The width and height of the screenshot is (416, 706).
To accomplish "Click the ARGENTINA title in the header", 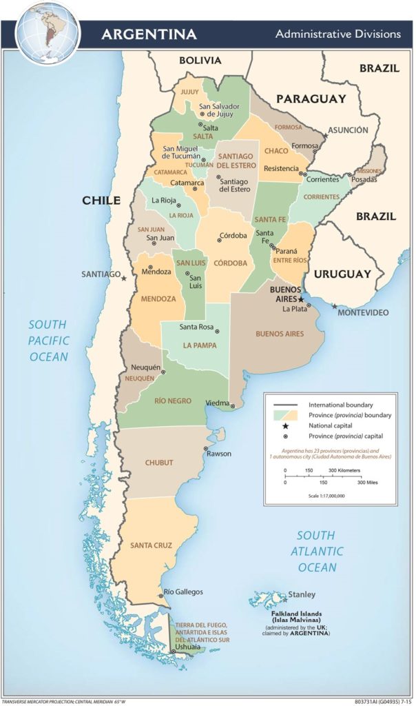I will tap(149, 34).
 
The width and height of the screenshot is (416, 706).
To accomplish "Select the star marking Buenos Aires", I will tap(301, 299).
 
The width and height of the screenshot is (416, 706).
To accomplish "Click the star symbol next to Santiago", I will tap(124, 279).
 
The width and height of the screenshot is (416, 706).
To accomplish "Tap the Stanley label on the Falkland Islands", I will tap(302, 594).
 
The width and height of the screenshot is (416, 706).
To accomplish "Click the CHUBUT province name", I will tap(159, 463).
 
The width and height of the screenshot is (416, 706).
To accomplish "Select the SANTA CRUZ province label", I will tap(151, 545).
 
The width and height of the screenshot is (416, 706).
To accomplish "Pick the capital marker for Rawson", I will tap(205, 448).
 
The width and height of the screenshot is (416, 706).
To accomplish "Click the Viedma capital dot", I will tap(233, 406).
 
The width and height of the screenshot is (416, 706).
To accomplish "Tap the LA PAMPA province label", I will tap(200, 345).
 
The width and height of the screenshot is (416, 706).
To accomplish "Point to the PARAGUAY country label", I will tap(311, 99).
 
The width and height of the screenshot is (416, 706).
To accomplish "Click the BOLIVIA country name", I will tap(200, 61).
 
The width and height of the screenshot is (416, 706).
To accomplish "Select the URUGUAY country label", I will tap(342, 274).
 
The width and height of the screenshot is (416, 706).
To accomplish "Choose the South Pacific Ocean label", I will tap(48, 341).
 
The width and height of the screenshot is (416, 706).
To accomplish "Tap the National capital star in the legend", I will tap(284, 425).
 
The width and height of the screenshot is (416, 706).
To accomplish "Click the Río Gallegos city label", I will tap(183, 592).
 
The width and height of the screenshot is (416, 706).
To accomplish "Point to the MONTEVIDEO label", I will tap(363, 312).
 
